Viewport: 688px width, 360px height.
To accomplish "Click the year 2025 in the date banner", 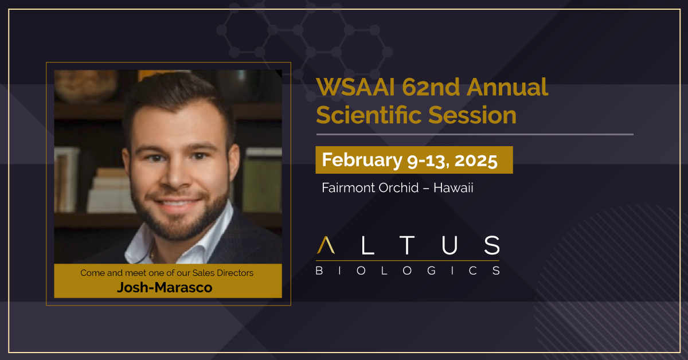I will pos(475,160).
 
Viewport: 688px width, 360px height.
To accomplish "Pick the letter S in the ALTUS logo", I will pos(491,245).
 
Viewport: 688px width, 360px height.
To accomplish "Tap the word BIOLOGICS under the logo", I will pos(408,270).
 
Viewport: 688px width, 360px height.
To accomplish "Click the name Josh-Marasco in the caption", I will pos(165,287).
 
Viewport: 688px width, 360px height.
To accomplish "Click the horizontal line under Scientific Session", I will pos(475,135).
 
